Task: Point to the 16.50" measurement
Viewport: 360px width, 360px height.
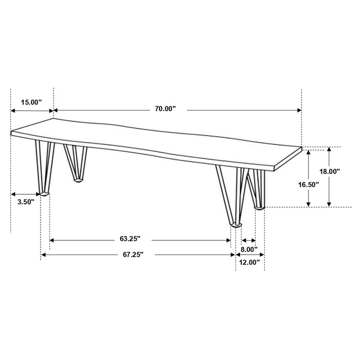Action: pyautogui.click(x=309, y=184)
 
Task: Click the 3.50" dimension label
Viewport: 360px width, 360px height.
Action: pyautogui.click(x=25, y=202)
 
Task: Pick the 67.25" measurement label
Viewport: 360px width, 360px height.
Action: pyautogui.click(x=133, y=254)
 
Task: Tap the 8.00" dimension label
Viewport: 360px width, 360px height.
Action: pyautogui.click(x=249, y=249)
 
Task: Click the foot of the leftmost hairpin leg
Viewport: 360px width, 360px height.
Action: pyautogui.click(x=44, y=193)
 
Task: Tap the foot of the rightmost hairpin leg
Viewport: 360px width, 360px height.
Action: pyautogui.click(x=259, y=207)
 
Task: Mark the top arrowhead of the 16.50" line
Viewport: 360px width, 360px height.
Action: pyautogui.click(x=309, y=150)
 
